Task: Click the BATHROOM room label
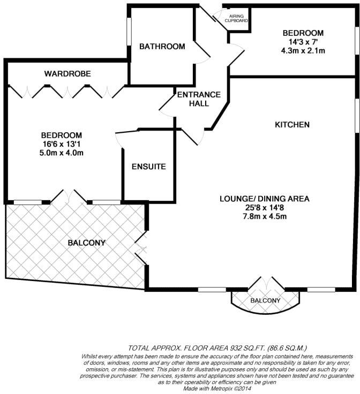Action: coord(162,47)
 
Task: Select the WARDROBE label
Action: coord(67,73)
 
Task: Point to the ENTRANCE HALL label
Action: coord(199,99)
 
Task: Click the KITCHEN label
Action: coord(292,125)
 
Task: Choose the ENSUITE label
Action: coord(149,166)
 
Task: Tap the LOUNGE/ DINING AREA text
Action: coord(265,199)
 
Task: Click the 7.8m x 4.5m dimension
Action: coord(265,216)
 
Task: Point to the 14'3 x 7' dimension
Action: coord(303,42)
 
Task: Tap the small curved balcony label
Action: coord(265,301)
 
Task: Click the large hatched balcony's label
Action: coord(86,243)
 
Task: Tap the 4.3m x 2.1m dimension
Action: coord(303,51)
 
